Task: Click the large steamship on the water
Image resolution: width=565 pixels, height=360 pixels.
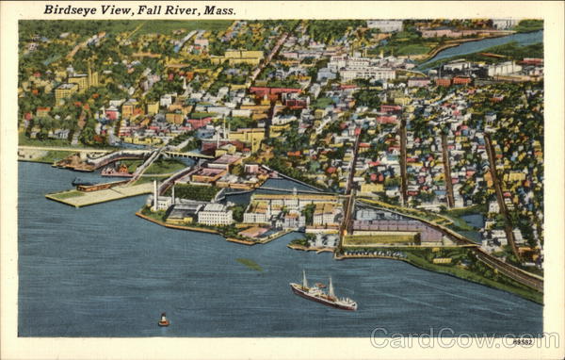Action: (323, 296)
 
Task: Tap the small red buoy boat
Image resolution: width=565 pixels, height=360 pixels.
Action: (164, 321)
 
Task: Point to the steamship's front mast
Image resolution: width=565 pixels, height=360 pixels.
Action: (305, 280)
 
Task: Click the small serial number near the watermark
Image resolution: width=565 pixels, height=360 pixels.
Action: (522, 340)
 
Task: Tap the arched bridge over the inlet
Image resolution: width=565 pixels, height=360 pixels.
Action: (185, 154)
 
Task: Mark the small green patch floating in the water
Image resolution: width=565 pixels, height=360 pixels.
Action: (250, 264)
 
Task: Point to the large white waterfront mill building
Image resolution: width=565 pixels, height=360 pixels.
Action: (215, 216)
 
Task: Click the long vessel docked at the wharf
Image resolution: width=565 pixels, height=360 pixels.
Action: (92, 187)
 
